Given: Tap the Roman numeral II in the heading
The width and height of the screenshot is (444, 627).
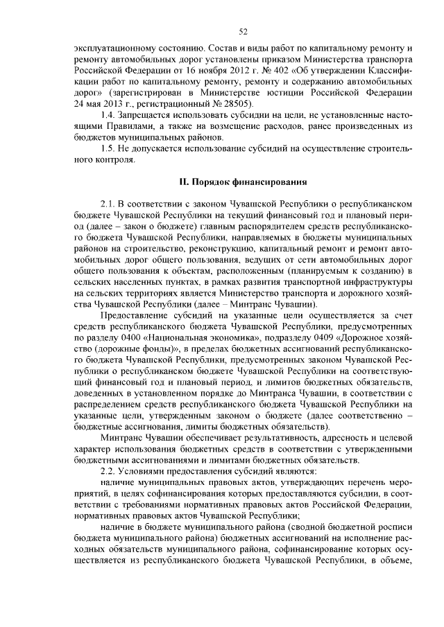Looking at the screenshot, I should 184,182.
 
